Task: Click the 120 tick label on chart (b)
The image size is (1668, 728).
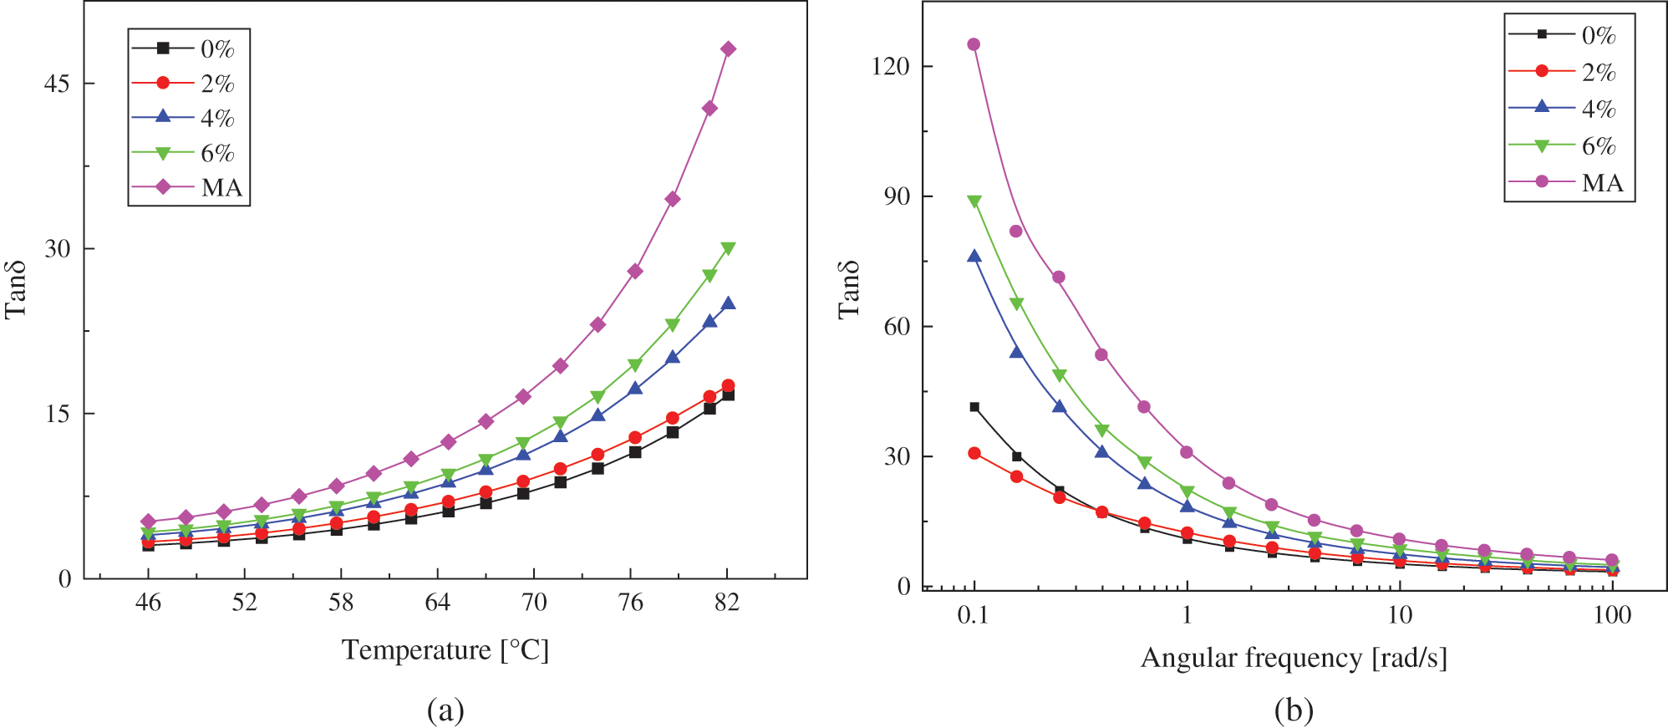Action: [x=890, y=66]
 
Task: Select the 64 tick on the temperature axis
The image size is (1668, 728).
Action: [x=437, y=603]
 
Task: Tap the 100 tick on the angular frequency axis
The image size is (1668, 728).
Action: [x=1612, y=615]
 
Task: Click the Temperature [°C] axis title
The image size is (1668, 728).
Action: [x=445, y=650]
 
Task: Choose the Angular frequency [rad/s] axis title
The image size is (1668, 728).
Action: [x=1294, y=659]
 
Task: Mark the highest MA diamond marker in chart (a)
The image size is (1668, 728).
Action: [x=728, y=49]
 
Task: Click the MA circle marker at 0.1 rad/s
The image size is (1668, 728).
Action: [x=974, y=44]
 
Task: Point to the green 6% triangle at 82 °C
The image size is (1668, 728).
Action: [x=728, y=248]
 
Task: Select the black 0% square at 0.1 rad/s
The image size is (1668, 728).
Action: [x=974, y=407]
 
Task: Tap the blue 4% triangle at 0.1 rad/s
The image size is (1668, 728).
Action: [x=974, y=257]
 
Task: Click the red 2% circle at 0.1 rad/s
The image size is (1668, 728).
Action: [x=974, y=453]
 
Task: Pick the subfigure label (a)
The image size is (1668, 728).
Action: [x=445, y=710]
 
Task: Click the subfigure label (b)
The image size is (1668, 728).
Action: [x=1294, y=710]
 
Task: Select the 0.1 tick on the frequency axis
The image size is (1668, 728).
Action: [x=973, y=615]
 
